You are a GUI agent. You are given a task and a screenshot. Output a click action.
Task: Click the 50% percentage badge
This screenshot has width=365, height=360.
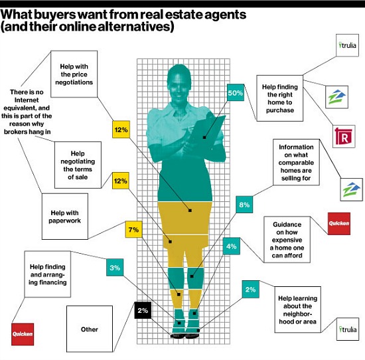[x=236, y=92]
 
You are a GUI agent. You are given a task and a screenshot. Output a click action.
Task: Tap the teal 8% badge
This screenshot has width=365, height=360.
[x=244, y=205]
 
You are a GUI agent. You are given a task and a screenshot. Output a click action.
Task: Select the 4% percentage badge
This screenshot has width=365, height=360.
[x=232, y=246]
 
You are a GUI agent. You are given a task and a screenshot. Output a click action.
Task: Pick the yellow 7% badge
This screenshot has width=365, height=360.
[x=133, y=229]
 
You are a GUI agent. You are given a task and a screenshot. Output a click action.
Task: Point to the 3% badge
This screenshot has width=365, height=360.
[x=115, y=267]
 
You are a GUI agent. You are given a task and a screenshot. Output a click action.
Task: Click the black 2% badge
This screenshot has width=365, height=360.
[x=143, y=310]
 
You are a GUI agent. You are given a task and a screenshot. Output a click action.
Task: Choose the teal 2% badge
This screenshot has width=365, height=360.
[x=250, y=289]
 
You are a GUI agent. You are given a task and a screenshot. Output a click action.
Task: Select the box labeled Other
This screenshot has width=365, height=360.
[x=90, y=329]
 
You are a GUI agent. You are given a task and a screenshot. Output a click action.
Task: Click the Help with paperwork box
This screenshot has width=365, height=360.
[x=65, y=217]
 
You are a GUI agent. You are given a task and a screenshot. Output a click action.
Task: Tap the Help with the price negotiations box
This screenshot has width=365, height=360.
[x=74, y=74]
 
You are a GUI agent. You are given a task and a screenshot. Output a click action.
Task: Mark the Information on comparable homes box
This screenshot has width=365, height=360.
[x=296, y=163]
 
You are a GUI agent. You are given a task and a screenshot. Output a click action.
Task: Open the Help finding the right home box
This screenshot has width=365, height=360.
[x=280, y=98]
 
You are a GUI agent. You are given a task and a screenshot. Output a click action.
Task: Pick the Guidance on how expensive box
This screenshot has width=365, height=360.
[x=287, y=240]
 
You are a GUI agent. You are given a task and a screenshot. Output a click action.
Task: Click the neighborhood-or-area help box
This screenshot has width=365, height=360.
[x=298, y=310]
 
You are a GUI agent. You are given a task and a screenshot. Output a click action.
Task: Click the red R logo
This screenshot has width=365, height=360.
[x=344, y=137]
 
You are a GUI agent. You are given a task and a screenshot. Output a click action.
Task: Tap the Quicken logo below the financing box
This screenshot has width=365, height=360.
[x=23, y=334]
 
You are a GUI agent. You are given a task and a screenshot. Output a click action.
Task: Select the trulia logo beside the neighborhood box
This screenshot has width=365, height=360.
[x=348, y=329]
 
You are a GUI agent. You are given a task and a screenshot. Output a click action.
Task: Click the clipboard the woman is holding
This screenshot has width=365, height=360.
[x=208, y=130]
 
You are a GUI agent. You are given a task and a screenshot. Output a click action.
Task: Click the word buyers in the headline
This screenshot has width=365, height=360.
[x=54, y=15]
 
